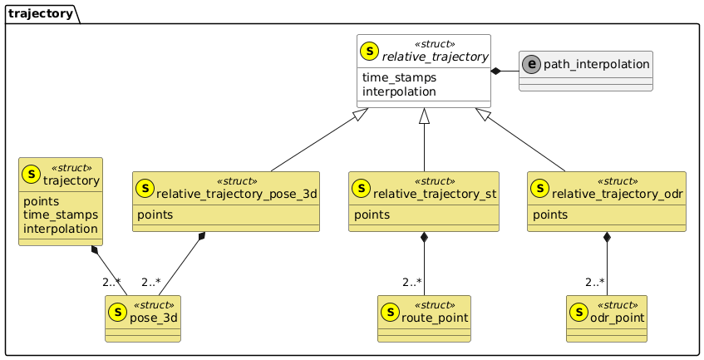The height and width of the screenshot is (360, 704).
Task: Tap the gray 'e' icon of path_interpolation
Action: point(531,64)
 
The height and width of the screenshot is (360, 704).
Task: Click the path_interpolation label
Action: point(596,64)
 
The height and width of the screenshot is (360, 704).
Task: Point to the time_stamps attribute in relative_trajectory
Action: point(396,77)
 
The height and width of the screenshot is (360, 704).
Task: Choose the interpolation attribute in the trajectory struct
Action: point(61,229)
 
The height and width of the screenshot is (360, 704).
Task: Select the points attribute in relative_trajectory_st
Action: point(372,215)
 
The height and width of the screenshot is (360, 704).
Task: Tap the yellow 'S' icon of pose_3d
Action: point(119,312)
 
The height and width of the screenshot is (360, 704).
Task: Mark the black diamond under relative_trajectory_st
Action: point(424,239)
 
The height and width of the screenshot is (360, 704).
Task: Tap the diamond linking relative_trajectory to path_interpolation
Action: point(496,72)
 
